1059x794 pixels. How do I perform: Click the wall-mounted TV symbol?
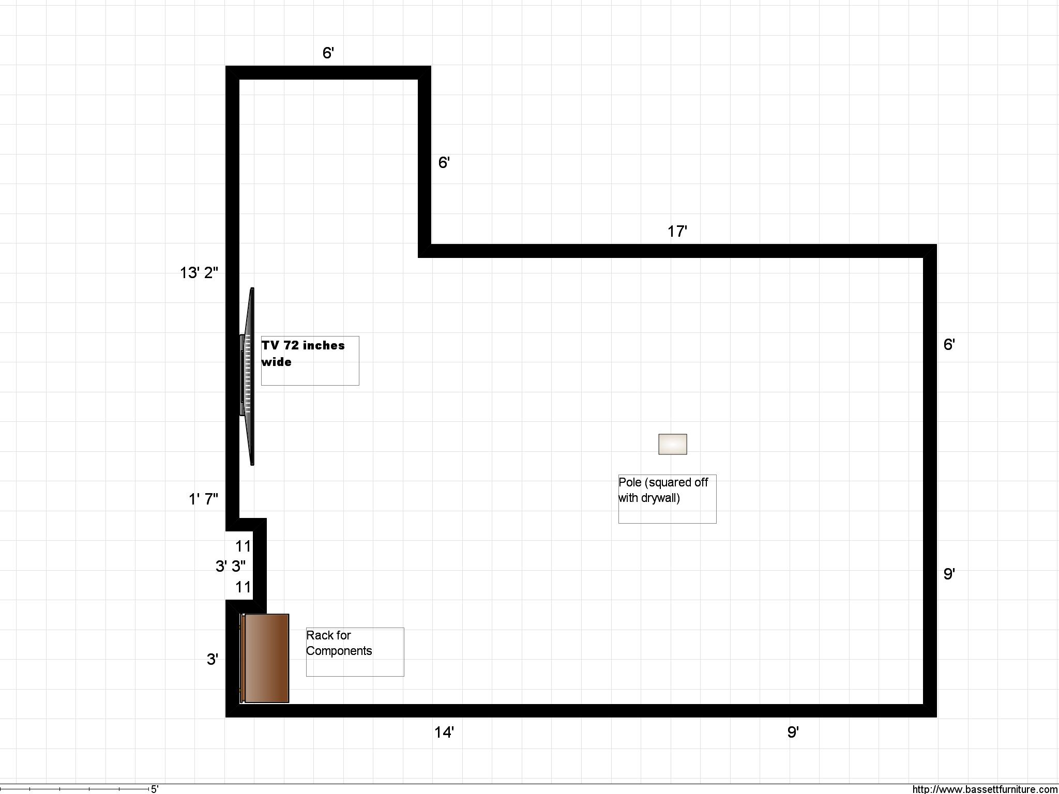tap(247, 376)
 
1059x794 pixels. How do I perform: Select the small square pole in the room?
tap(672, 444)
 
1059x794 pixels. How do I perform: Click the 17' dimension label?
tap(677, 231)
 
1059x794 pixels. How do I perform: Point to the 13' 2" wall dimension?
tap(199, 272)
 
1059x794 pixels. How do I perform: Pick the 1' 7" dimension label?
tap(203, 499)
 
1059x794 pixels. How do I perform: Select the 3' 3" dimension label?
tap(231, 566)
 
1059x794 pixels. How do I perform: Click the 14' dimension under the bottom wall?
tap(444, 732)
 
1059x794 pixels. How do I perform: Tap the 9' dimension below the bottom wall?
tap(793, 732)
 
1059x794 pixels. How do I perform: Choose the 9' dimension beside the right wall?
tap(949, 573)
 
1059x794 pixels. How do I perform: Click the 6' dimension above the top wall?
tap(328, 53)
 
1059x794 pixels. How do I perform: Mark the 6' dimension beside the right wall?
tap(949, 344)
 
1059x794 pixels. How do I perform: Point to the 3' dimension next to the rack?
tap(212, 659)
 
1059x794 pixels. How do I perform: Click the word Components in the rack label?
tap(339, 651)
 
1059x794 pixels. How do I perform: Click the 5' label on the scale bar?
tap(155, 789)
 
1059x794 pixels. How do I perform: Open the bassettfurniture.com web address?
tap(985, 789)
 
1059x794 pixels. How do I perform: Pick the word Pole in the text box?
tap(630, 482)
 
